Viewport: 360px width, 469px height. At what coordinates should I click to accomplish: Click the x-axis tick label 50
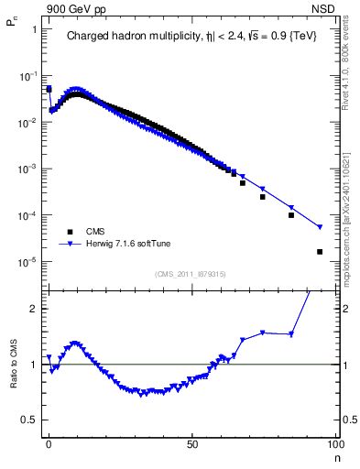point(192,443)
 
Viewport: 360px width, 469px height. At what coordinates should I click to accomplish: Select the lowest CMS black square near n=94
point(320,252)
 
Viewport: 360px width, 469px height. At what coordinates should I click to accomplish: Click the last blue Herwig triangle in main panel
point(320,227)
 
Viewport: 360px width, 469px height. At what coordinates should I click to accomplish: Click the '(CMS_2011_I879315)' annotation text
point(190,273)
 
